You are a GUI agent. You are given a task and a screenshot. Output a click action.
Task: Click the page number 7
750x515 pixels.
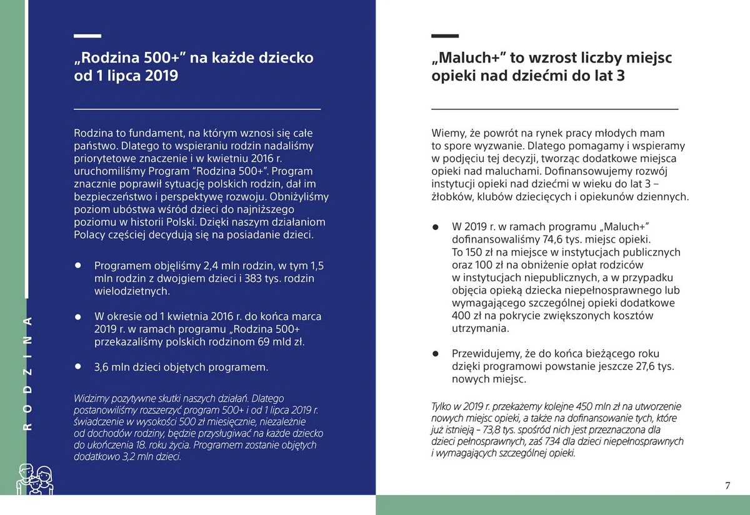[727, 486]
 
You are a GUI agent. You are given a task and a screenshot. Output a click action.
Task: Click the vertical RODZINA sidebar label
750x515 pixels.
[27, 373]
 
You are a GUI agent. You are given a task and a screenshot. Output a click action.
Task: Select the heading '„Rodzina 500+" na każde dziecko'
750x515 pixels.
[194, 58]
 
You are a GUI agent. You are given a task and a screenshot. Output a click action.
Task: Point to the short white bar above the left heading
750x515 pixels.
[87, 36]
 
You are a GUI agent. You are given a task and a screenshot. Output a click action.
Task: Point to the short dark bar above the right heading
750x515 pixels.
[445, 36]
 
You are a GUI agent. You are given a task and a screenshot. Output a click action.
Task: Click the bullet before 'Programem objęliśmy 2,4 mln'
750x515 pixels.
[78, 265]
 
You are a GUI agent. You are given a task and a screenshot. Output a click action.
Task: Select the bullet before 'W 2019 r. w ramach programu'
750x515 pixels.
[436, 226]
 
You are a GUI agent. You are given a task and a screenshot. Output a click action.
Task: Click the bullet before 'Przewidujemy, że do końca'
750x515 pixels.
[436, 354]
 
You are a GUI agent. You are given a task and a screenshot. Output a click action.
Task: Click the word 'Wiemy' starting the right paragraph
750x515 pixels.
[446, 132]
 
